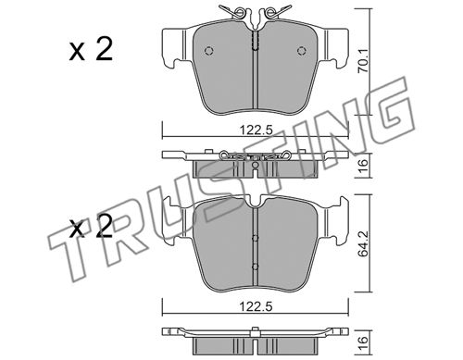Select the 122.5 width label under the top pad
pos(257,130)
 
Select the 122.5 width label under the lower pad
pos(257,306)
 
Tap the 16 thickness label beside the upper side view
pos(363,167)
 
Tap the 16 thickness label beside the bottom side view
pos(363,343)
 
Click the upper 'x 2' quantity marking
pos(91,50)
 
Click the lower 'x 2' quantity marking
pos(91,228)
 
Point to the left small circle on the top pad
pos(209,51)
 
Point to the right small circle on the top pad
pos(302,51)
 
